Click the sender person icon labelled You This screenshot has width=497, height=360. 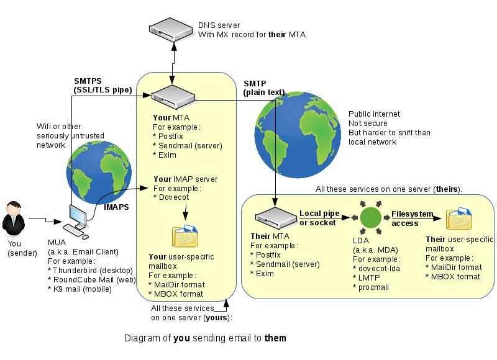tap(14, 217)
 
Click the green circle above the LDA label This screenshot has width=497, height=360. tap(371, 217)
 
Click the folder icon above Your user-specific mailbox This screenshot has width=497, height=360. tap(185, 236)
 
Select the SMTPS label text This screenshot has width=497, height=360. tap(88, 81)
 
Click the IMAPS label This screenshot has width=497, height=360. tap(116, 207)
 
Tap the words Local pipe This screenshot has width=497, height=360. tap(319, 214)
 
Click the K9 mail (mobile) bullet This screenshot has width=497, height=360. tap(81, 289)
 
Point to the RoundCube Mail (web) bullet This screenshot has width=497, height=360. tap(91, 279)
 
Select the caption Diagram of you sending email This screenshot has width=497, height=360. tap(205, 338)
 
